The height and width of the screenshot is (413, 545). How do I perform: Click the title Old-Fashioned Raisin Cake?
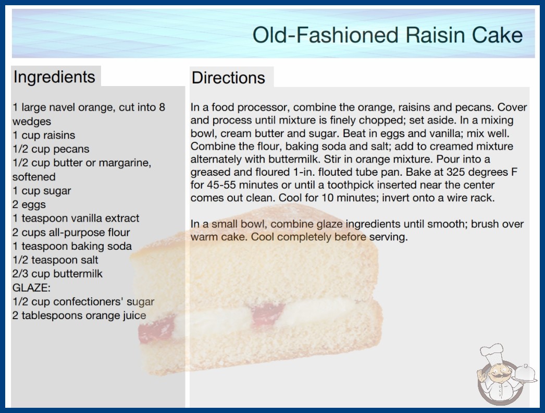pyautogui.click(x=387, y=35)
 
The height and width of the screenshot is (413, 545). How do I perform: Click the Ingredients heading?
pyautogui.click(x=54, y=77)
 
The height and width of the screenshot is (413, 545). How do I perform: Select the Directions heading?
pyautogui.click(x=228, y=78)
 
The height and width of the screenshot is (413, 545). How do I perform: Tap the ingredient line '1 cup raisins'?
pyautogui.click(x=44, y=135)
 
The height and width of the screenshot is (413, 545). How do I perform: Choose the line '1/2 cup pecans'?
pyautogui.click(x=51, y=149)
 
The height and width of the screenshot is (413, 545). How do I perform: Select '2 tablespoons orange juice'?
pyautogui.click(x=79, y=315)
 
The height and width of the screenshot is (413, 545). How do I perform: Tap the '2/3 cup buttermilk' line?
pyautogui.click(x=57, y=274)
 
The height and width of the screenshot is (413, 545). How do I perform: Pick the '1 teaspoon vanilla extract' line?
pyautogui.click(x=76, y=218)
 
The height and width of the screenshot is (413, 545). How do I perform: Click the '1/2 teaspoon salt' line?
pyautogui.click(x=55, y=260)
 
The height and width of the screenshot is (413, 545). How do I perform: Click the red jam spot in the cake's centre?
pyautogui.click(x=268, y=313)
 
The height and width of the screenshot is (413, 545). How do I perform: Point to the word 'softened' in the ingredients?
pyautogui.click(x=34, y=177)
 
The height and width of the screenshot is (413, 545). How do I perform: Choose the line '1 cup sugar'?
pyautogui.click(x=42, y=191)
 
